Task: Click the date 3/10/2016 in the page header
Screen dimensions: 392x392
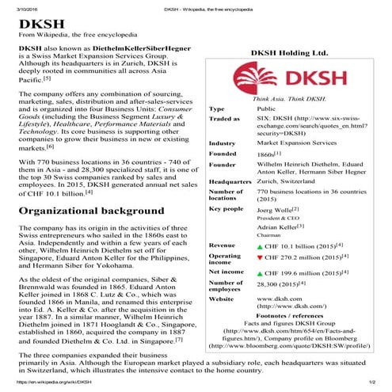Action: click(x=16, y=6)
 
